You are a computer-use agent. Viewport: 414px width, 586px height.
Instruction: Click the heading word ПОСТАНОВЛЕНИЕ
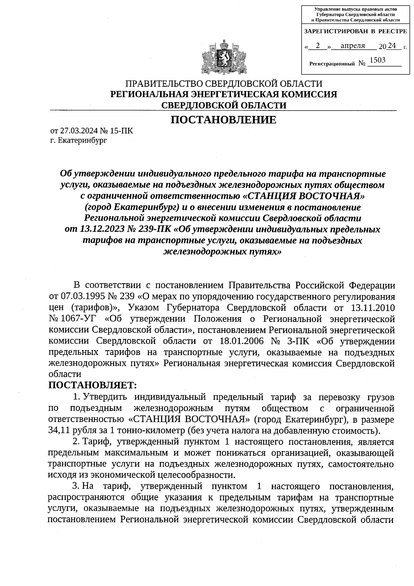(x=224, y=120)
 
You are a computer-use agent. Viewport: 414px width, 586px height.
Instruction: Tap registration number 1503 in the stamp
(x=377, y=60)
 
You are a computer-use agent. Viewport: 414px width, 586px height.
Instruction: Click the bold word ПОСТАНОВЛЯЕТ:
(x=92, y=385)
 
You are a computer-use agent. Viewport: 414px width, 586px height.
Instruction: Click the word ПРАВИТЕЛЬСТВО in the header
(x=164, y=84)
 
